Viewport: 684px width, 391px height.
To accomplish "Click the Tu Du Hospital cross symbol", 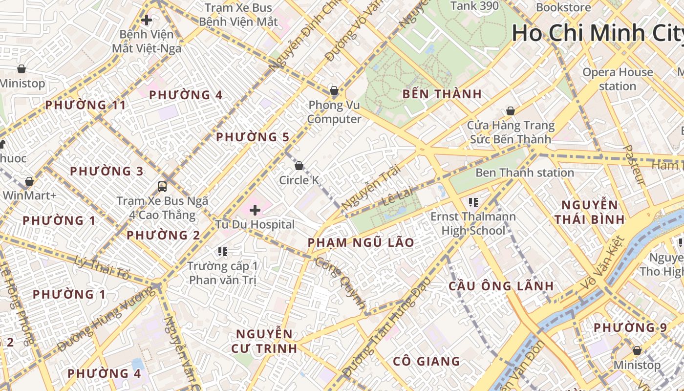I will click(x=255, y=211).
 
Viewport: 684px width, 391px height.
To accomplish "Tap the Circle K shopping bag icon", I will click(x=299, y=166).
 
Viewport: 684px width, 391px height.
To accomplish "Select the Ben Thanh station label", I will click(x=524, y=173).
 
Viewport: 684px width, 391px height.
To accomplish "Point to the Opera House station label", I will click(x=618, y=79).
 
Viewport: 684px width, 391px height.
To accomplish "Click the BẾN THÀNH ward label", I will click(x=442, y=94).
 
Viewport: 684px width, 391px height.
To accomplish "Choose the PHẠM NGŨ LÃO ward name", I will click(x=361, y=242).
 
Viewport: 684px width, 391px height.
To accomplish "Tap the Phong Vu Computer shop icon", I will click(x=334, y=90).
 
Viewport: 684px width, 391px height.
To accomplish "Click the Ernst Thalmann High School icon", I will click(x=472, y=202).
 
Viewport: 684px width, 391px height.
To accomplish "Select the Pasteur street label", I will click(x=635, y=165).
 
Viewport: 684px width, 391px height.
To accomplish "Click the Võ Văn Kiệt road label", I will click(x=604, y=261).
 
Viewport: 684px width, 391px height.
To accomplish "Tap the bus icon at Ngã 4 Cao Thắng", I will click(x=162, y=186).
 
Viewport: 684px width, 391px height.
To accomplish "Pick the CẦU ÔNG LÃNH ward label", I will click(x=501, y=286).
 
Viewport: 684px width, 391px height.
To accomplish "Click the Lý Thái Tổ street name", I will click(x=103, y=268).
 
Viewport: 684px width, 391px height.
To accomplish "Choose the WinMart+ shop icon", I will click(x=29, y=182).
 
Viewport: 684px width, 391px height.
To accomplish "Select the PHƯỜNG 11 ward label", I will click(x=85, y=105).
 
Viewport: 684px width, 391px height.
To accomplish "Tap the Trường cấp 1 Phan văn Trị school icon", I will click(x=223, y=252).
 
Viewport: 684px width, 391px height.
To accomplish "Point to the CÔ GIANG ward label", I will click(x=427, y=362).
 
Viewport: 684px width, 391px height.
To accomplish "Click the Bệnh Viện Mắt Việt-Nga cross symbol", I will click(x=146, y=21).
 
